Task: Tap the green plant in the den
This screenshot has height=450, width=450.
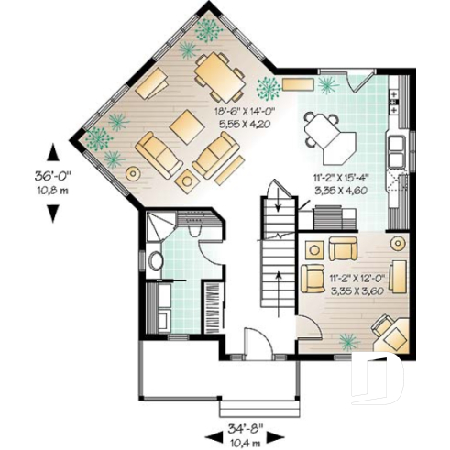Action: pyautogui.click(x=348, y=341)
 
